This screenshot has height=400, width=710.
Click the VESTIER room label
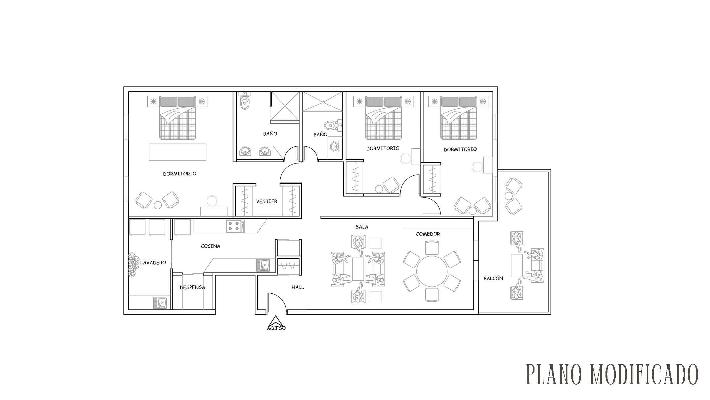(266, 201)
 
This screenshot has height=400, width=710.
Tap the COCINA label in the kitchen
(210, 246)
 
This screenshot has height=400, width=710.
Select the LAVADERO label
(153, 263)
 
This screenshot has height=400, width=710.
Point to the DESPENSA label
(192, 287)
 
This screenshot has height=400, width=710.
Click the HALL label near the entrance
(298, 287)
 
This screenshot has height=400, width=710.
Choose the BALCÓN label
(493, 278)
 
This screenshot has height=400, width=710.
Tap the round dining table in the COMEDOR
(432, 271)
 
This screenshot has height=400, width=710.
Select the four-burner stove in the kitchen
(235, 226)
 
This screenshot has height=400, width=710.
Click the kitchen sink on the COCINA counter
(263, 265)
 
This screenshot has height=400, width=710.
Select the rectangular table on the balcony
(517, 266)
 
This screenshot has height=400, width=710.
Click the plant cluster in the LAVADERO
(132, 265)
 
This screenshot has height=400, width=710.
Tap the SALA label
(362, 227)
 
